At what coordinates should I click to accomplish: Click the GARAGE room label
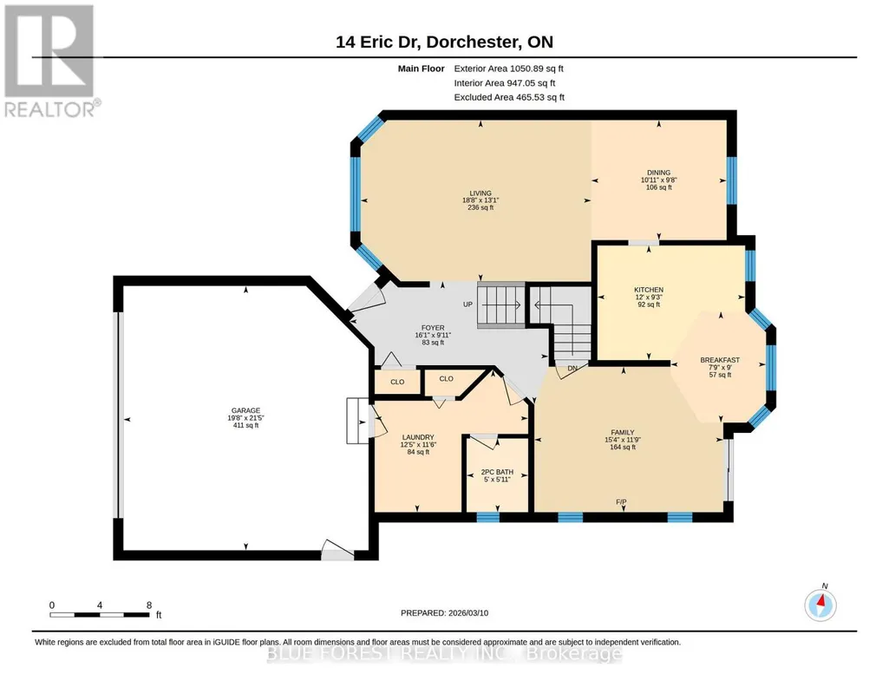coord(245,410)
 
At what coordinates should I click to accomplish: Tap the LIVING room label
coord(480,193)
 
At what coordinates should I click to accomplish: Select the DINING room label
coord(659,173)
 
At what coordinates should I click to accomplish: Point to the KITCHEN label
coord(649,290)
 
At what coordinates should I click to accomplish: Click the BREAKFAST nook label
coord(720,360)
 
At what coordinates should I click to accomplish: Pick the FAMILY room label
coord(623,433)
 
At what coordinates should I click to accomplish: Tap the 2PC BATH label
coord(497,472)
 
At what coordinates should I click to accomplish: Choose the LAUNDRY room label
coord(418,437)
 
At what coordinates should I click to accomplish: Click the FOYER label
coord(433,328)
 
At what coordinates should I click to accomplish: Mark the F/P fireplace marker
coord(621,502)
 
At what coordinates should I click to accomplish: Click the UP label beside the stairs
coord(467,304)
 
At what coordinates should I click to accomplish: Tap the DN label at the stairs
coord(572,368)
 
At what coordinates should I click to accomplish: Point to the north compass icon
coord(820,605)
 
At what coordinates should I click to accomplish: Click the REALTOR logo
coord(50,61)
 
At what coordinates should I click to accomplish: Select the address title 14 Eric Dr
coord(378,42)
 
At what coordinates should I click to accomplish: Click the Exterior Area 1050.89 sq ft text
coord(508,69)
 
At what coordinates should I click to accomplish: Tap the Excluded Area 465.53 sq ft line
coord(509,97)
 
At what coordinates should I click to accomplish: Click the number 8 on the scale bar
coord(149,605)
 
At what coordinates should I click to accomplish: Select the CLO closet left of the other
coord(397,382)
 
